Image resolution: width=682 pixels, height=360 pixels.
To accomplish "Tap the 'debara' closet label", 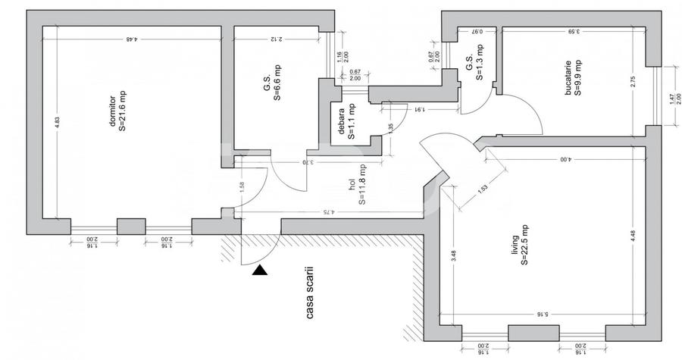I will [343, 123].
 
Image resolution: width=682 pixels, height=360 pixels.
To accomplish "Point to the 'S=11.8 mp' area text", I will [363, 186].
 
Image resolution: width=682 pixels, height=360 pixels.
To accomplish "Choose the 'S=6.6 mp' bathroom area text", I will [277, 83].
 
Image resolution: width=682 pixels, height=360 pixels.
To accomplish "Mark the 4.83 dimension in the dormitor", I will [57, 126].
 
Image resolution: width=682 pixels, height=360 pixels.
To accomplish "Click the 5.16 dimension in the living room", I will [540, 313].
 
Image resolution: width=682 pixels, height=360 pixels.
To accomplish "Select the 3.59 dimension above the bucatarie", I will [573, 31].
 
